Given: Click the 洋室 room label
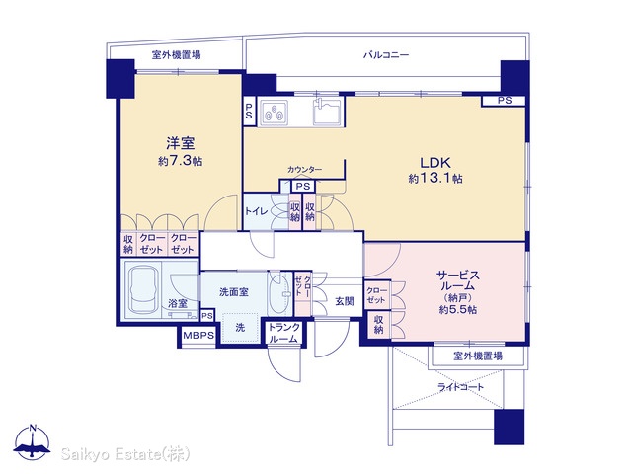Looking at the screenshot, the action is coord(181,143).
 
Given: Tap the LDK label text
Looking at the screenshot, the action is coord(435,163).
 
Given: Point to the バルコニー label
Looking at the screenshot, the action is coord(386,55).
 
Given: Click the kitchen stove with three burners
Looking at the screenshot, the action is coord(274,113).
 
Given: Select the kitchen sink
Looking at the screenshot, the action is coord(327,111).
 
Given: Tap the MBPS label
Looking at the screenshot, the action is coord(198,336).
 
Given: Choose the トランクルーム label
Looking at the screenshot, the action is coord(284,333).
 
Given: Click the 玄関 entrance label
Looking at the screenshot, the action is coord(345,301).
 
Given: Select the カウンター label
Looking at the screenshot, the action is coord(304,170).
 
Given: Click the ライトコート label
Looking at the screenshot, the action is coord(461,387).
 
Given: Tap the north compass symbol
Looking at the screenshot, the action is coord(33,441).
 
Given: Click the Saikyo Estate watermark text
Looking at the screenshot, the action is coord(125,454).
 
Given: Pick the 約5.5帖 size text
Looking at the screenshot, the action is coord(458,309).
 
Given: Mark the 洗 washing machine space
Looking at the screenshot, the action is coord(240,328).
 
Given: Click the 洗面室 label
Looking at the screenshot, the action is coord(234,292).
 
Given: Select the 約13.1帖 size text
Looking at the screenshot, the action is coord(435,178).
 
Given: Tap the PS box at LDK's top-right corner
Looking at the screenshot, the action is coord(504,101).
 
